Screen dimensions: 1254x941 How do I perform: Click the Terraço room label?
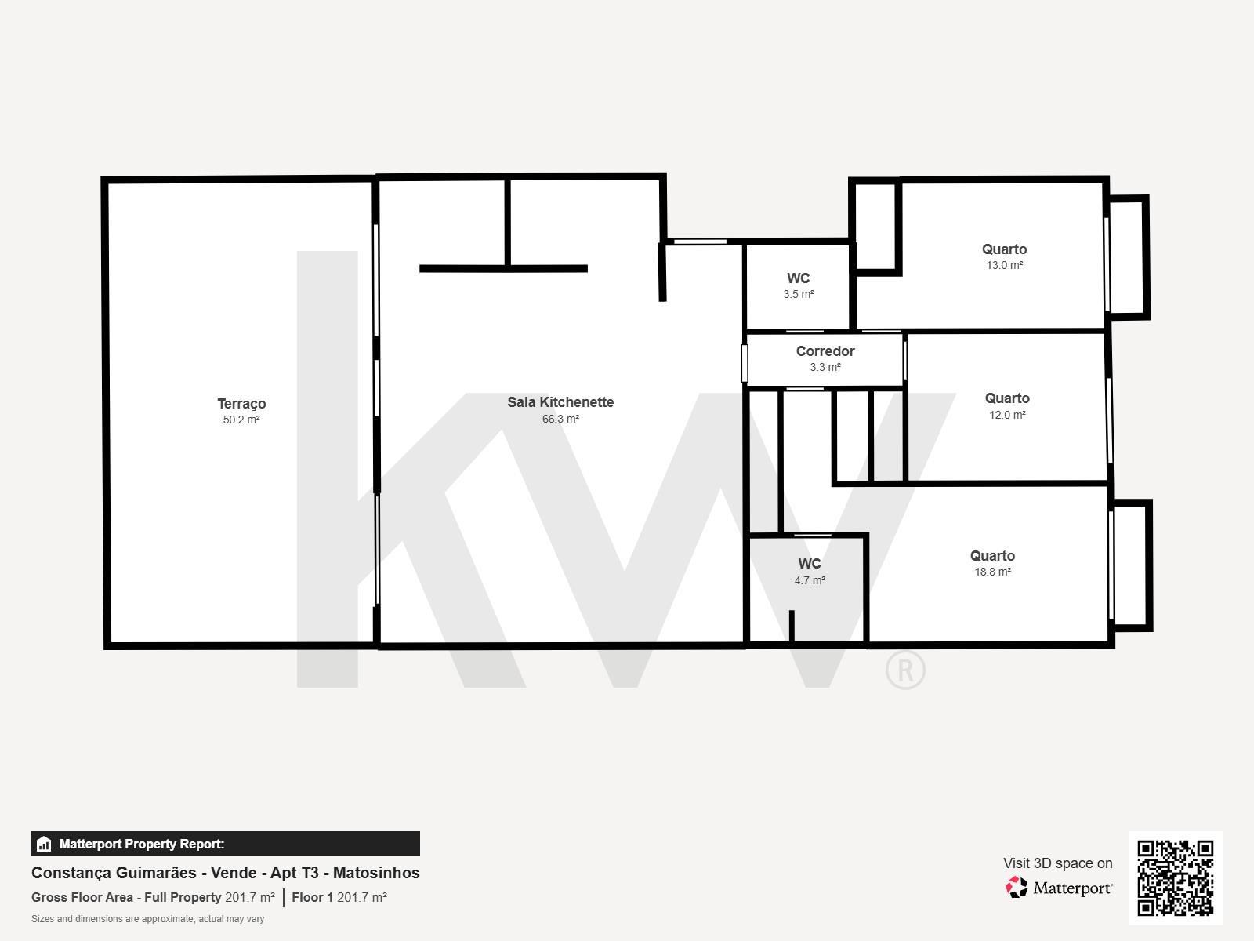coord(241,403)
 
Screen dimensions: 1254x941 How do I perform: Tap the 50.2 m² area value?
coord(241,420)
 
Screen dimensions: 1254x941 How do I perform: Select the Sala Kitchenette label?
coord(560,401)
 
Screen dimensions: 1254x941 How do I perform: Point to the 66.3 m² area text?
coord(560,419)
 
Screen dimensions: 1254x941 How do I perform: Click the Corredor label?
coord(825,351)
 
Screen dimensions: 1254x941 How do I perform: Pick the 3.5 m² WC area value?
coord(798,294)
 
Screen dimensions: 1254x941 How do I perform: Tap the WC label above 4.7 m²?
coord(809,563)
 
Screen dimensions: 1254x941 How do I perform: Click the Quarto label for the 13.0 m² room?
coord(1004,249)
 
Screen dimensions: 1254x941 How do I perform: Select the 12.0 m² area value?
coord(1007,415)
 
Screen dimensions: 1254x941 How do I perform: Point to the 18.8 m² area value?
coord(992,572)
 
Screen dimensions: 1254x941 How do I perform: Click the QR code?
coord(1175,878)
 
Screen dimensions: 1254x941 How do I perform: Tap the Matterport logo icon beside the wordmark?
coord(1017,888)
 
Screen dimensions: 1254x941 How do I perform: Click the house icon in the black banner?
coord(44,844)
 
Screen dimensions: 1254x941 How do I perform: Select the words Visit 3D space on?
coord(1057,863)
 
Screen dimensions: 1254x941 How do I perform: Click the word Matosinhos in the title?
coord(376,873)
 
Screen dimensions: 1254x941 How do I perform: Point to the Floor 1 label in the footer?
coord(312,897)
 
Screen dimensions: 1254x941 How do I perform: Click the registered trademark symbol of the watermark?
coord(905,670)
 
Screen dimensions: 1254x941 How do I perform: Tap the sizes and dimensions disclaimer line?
coord(147,919)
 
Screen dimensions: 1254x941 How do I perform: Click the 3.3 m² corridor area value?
coord(825,367)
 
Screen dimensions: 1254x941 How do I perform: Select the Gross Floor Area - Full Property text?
coord(126,897)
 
